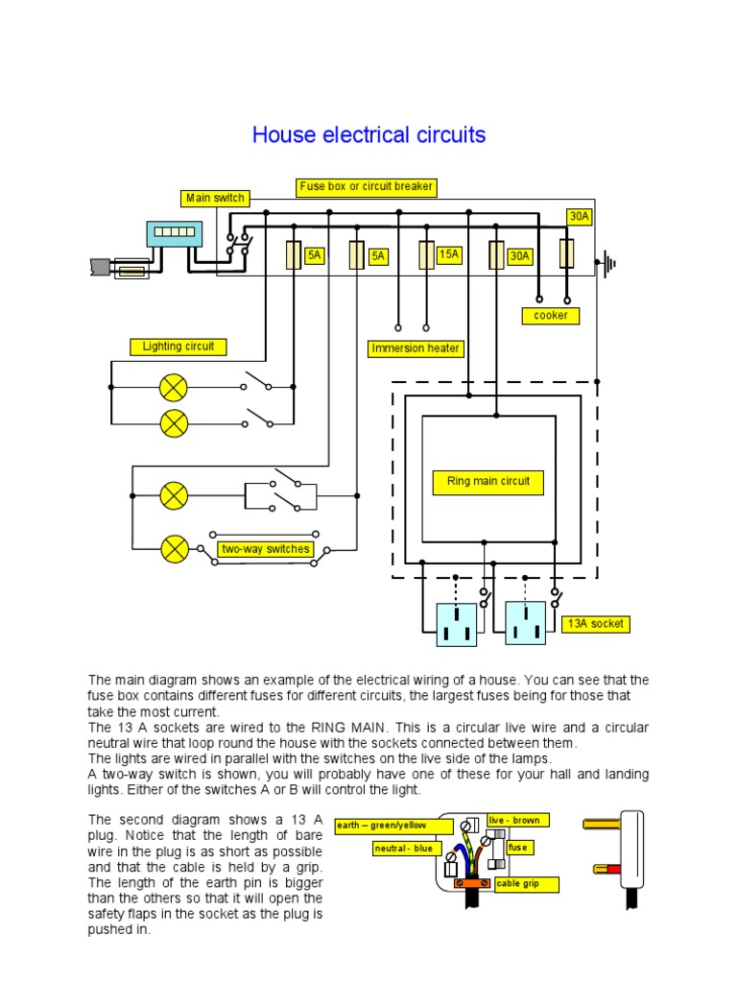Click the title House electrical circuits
point(368,135)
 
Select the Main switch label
point(215,198)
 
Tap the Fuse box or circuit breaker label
point(367,186)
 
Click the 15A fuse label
point(449,254)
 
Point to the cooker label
point(551,315)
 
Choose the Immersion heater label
point(416,348)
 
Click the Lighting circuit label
point(178,347)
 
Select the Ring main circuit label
point(488,481)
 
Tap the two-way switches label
point(266,549)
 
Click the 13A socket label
point(594,623)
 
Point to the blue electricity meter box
point(174,233)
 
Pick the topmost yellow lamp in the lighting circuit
point(174,388)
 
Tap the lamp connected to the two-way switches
point(175,549)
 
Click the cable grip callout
point(526,884)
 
